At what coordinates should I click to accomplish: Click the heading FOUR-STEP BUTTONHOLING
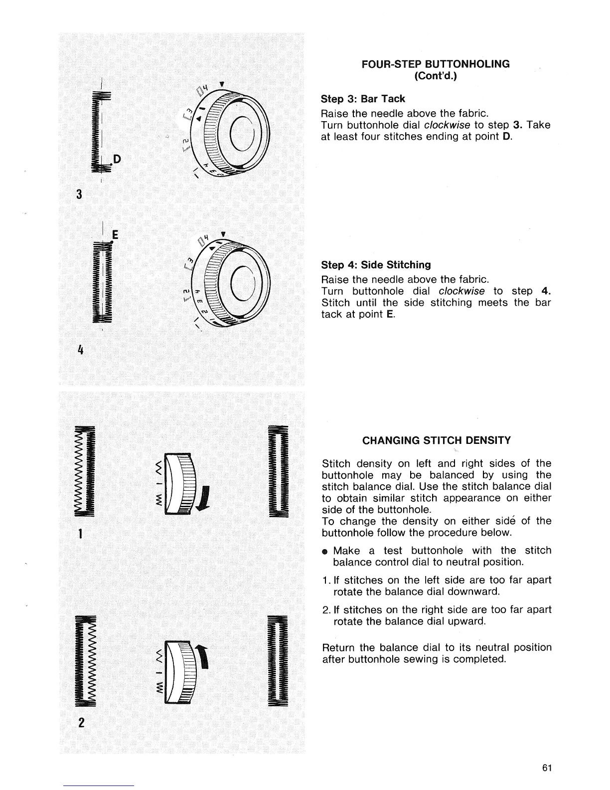click(x=436, y=64)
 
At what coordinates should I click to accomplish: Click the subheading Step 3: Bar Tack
click(x=363, y=99)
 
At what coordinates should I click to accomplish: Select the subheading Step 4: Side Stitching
click(x=376, y=264)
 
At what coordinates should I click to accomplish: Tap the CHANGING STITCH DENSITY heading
click(x=436, y=440)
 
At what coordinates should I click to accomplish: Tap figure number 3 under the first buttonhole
click(x=79, y=194)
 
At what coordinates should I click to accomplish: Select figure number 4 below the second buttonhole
click(x=79, y=349)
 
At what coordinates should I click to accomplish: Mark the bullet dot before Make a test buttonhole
click(x=324, y=552)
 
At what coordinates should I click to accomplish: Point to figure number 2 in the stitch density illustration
click(x=80, y=723)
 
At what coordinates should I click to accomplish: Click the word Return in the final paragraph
click(x=339, y=648)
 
